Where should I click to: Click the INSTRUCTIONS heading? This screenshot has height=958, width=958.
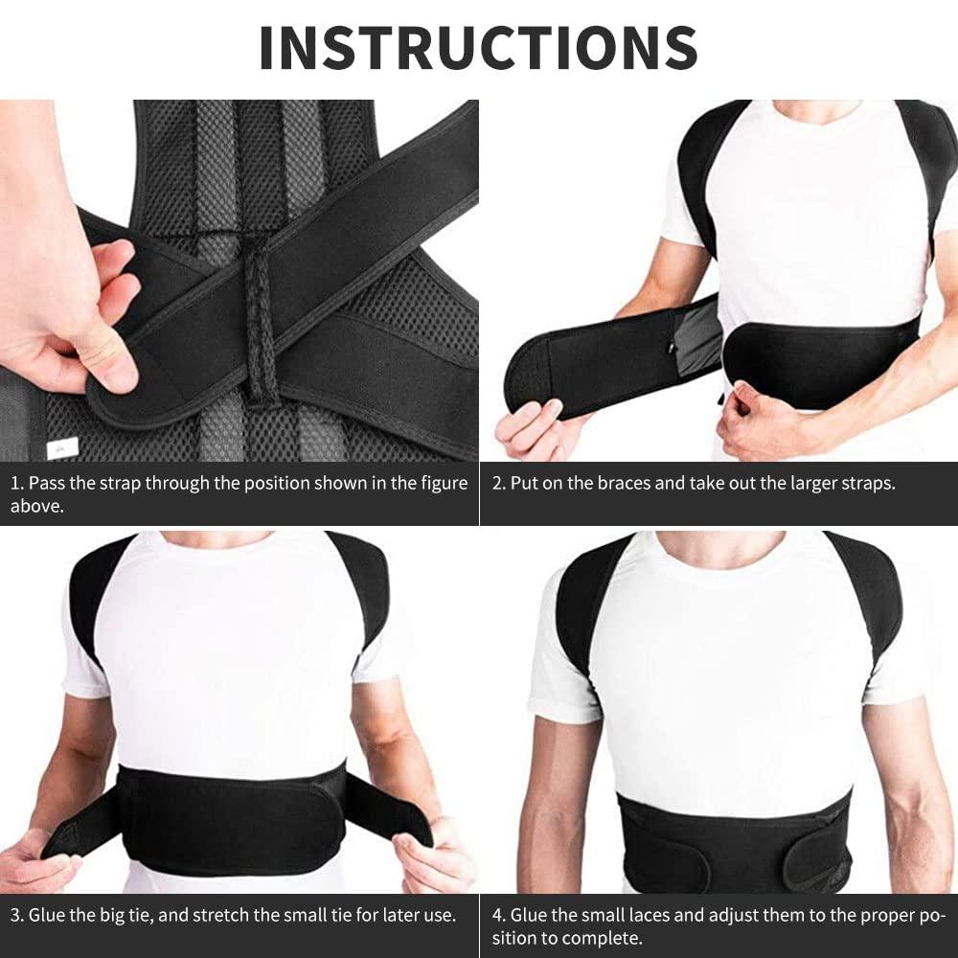[478, 45]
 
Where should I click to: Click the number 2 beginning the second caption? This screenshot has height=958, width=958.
[497, 483]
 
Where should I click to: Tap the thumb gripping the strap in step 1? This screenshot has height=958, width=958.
[106, 354]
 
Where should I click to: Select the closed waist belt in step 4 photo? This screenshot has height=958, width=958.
[733, 843]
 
